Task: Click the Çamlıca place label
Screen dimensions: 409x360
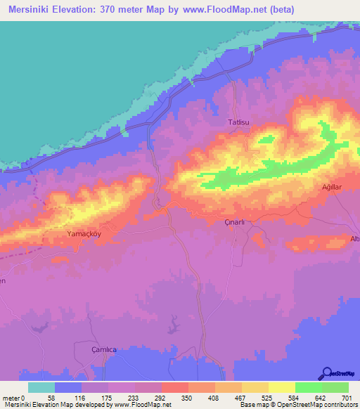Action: click(x=105, y=349)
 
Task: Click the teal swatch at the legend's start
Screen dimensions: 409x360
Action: click(x=41, y=387)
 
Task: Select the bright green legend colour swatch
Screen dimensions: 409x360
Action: click(x=308, y=387)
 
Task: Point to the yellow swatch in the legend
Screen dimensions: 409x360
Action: click(x=281, y=387)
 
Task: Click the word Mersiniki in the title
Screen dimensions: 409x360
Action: click(x=33, y=9)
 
